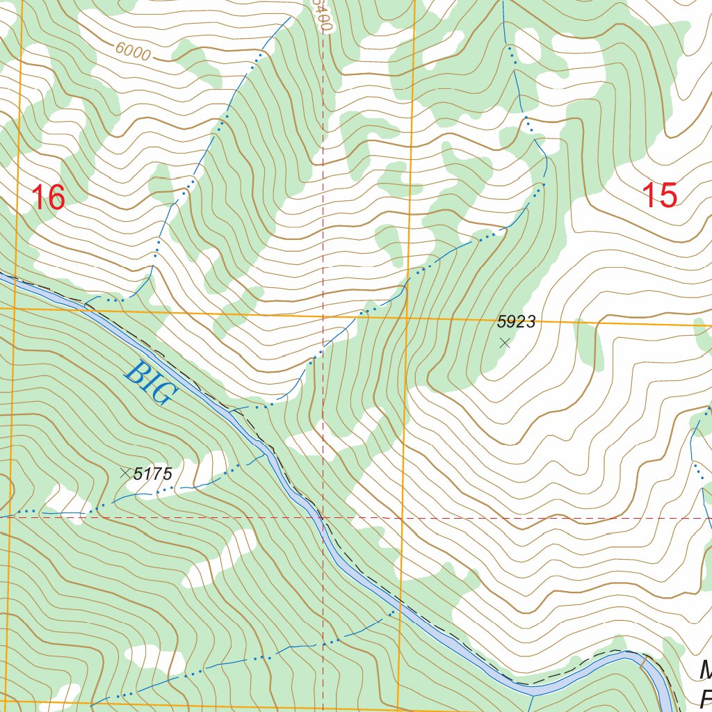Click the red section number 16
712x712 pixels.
[x=49, y=197]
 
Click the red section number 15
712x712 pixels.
[x=658, y=195]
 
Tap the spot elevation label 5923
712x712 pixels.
[x=516, y=321]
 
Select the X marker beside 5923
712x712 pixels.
[x=505, y=343]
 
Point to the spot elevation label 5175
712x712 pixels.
[x=152, y=474]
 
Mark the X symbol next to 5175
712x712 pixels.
[x=125, y=474]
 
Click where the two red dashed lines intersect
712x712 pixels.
[x=323, y=518]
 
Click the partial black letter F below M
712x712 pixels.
[x=706, y=697]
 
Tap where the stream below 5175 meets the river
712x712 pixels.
[x=267, y=455]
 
